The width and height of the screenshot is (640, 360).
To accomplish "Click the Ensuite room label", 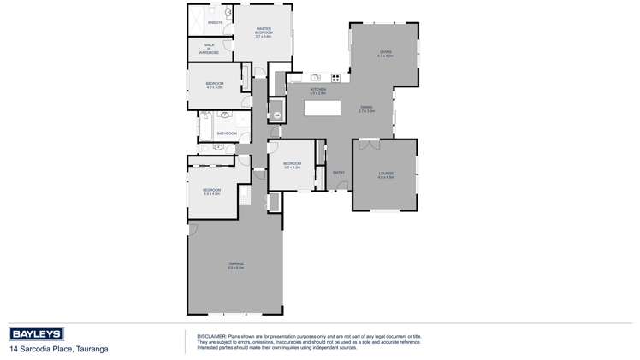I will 215,22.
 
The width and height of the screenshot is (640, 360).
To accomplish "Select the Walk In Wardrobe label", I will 210,49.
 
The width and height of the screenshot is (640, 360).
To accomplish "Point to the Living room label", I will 386,54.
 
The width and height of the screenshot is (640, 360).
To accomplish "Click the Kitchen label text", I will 317,91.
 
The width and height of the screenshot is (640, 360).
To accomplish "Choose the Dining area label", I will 366,109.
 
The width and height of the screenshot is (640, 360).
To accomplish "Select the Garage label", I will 236,265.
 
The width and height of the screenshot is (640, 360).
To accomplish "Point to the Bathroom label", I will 227,133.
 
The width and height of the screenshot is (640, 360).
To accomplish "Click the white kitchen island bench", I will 323,109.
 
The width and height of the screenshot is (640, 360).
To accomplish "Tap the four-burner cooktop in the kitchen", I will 335,79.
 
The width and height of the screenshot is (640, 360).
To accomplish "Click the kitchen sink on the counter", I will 315,79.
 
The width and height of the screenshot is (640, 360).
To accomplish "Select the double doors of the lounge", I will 369,145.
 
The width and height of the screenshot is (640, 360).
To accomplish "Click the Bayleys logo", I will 39,334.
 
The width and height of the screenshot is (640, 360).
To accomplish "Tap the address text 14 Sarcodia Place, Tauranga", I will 58,350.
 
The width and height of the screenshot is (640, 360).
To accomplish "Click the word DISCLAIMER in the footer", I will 210,336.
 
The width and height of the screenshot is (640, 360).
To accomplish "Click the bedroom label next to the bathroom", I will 214,85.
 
